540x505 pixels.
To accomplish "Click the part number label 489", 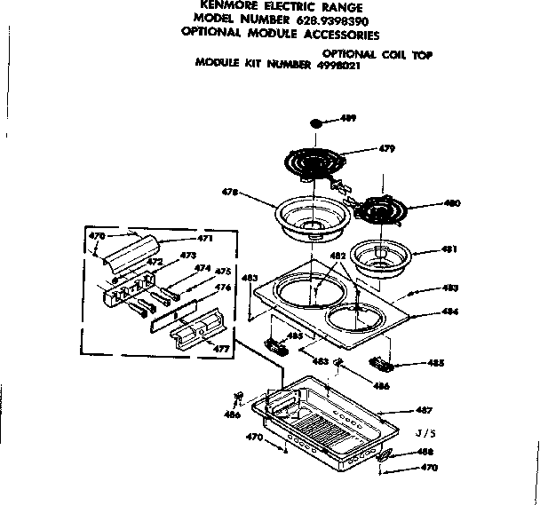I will tap(350, 117).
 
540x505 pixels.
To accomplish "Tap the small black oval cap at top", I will tap(319, 124).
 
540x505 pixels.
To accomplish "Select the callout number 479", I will tap(386, 148).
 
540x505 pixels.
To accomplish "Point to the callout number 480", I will tap(451, 203).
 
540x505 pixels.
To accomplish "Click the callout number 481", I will tap(449, 249).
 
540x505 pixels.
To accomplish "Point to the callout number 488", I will tap(425, 452).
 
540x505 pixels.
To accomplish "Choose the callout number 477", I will tap(221, 350).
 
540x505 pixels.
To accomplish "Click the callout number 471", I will tap(205, 239).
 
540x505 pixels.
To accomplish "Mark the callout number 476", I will tap(223, 288).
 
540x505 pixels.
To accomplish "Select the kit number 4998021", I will tap(333, 65).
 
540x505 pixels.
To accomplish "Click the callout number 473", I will tap(187, 256).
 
